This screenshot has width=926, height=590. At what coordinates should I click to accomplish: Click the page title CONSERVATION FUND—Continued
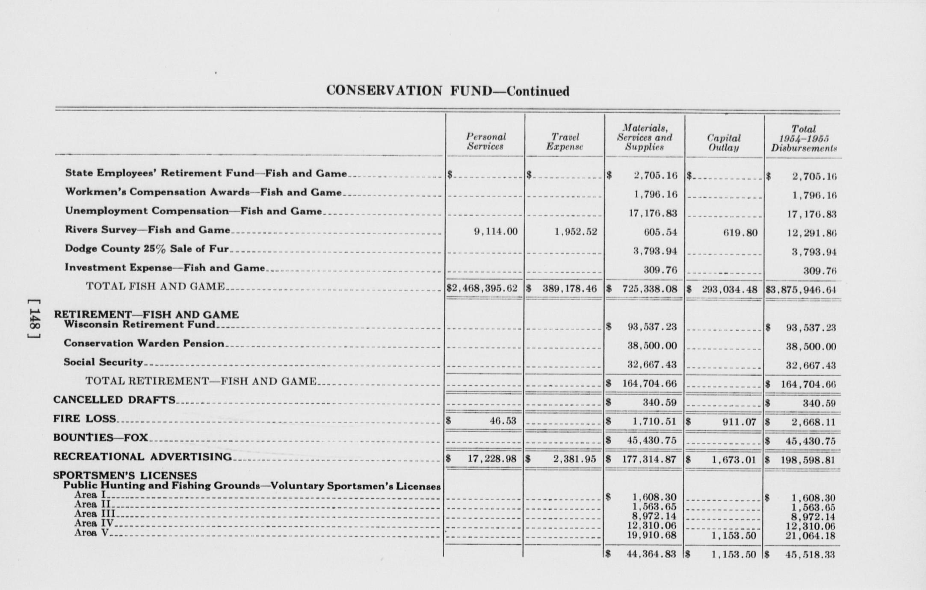tap(447, 91)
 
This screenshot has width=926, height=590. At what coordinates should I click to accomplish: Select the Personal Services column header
tap(485, 142)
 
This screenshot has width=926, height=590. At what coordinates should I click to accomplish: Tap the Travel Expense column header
tap(565, 142)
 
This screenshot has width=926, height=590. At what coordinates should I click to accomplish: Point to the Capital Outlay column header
tap(723, 143)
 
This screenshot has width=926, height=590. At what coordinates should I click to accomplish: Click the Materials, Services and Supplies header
tap(644, 138)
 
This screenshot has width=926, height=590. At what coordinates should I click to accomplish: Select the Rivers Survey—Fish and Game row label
tap(148, 230)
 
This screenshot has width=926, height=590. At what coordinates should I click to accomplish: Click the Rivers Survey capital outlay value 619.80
tap(740, 233)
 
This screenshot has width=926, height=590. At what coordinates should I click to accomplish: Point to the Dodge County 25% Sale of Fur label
tap(147, 249)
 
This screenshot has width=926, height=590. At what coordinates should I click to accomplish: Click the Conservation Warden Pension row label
tap(144, 344)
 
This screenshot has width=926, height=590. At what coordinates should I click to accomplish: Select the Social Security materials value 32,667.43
tap(652, 365)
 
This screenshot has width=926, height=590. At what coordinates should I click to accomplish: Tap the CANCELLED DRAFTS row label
tap(114, 400)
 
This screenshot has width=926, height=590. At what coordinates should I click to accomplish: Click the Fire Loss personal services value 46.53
tap(503, 421)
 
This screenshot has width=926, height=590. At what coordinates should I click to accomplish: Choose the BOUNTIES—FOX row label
tap(101, 438)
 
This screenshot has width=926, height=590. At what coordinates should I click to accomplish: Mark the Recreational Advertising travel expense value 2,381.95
tap(574, 459)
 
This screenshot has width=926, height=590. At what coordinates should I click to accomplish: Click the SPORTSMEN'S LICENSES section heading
tap(125, 475)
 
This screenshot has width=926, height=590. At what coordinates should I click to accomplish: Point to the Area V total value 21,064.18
tap(810, 536)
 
